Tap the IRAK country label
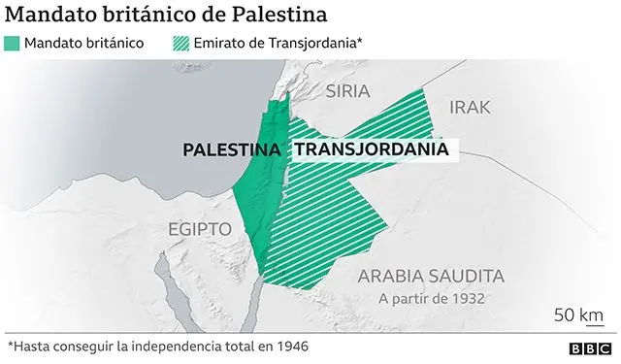pos(470,107)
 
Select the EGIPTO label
pos(199,229)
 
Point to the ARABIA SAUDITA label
pos(431,276)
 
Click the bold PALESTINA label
pos(233,150)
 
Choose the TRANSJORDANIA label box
pos(372,150)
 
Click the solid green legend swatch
pos(13,44)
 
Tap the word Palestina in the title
pos(276,16)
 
